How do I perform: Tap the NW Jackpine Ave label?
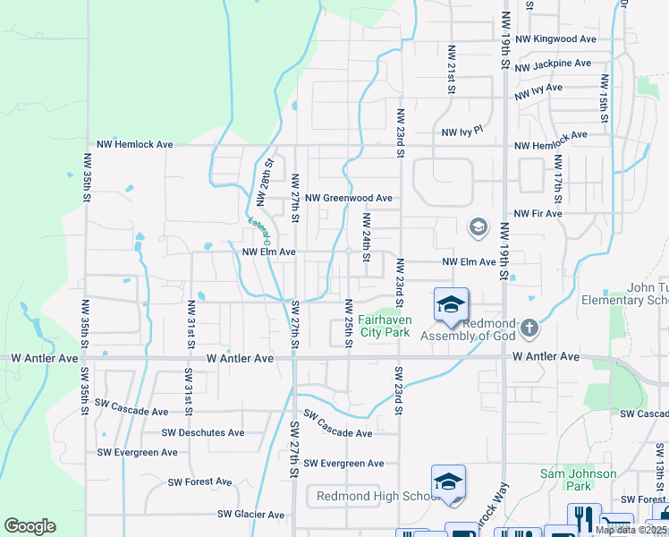(x=553, y=64)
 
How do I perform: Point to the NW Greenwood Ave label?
(x=348, y=198)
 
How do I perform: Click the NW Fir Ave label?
(x=538, y=214)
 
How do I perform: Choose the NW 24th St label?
(x=366, y=231)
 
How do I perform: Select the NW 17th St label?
(x=557, y=176)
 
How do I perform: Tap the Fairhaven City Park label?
(x=385, y=326)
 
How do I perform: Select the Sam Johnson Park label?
(x=579, y=480)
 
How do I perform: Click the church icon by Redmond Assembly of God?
(x=529, y=328)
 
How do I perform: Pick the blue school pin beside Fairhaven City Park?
(x=451, y=305)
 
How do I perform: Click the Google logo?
(x=30, y=526)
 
